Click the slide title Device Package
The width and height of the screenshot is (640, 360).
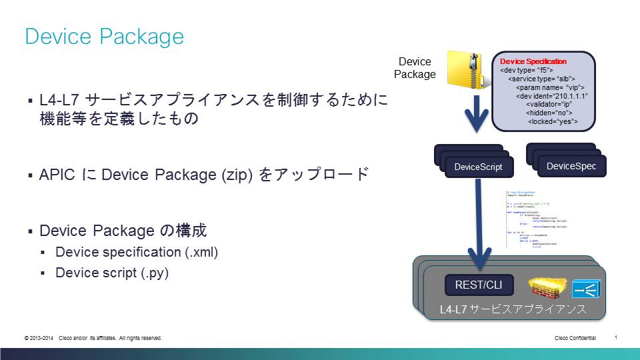104,36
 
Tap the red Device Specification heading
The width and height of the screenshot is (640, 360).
533,61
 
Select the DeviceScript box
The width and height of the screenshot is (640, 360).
478,167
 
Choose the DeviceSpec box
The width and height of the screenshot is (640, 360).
571,166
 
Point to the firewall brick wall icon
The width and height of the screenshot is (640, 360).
547,288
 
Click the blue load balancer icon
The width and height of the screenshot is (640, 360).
587,289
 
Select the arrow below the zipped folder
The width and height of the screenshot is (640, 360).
477,114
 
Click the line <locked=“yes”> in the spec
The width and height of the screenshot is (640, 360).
552,122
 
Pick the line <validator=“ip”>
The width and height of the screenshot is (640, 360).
549,105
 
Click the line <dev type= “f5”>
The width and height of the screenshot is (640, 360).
526,70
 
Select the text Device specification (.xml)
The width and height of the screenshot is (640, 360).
137,253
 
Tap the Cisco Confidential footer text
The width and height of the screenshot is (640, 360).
575,339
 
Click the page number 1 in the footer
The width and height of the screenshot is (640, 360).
615,337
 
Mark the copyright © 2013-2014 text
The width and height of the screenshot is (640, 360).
39,339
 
